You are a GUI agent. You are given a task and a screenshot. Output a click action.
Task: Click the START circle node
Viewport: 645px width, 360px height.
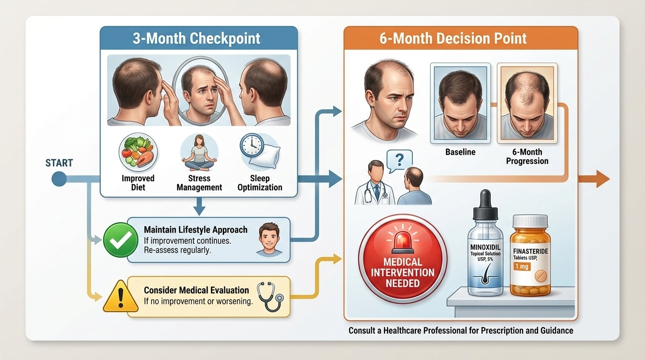point(59,179)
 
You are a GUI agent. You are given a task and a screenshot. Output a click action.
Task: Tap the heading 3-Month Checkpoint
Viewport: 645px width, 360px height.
point(196,38)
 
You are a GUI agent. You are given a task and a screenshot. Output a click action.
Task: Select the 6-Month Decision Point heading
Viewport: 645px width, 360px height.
point(453,38)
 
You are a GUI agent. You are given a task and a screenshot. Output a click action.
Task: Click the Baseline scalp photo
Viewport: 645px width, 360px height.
point(460,103)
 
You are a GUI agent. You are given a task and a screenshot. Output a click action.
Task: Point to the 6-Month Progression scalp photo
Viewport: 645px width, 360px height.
point(526,103)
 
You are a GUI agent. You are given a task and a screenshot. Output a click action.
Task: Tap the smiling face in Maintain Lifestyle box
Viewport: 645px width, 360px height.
point(270,239)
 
